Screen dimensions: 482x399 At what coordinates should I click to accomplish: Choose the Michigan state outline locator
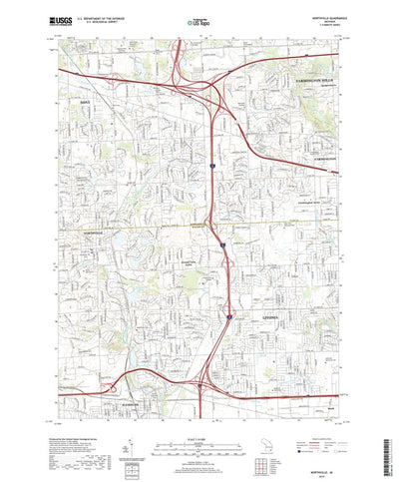pyautogui.click(x=281, y=435)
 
